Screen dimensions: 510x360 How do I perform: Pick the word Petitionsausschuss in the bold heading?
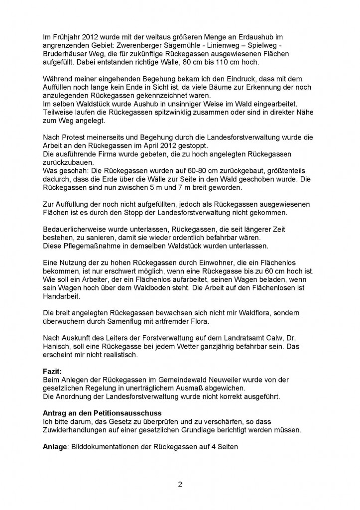[128, 414]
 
